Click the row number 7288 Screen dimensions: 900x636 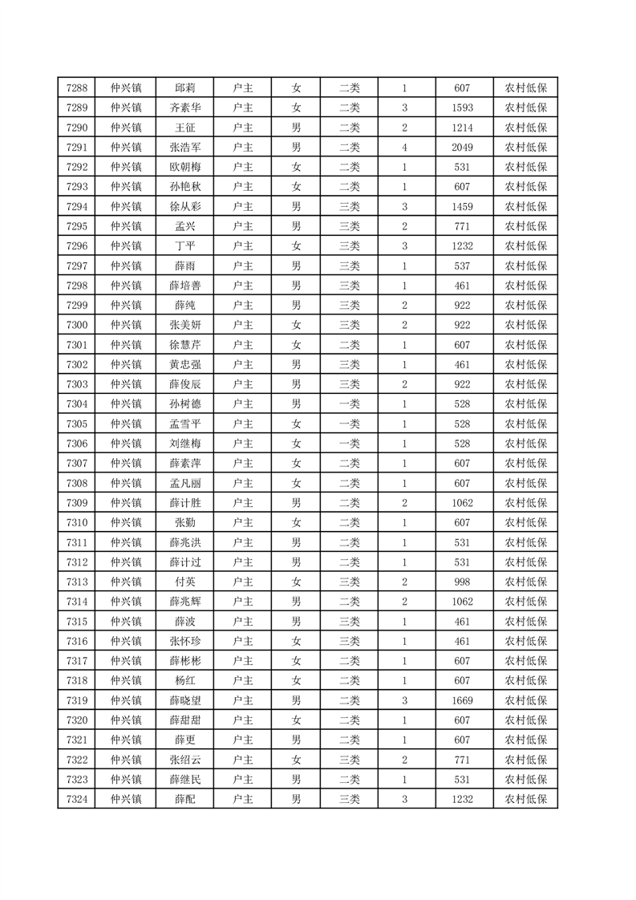pyautogui.click(x=77, y=88)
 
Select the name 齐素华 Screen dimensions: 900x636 pyautogui.click(x=185, y=108)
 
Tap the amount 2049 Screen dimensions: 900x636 pyautogui.click(x=462, y=148)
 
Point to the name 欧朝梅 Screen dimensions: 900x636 pyautogui.click(x=185, y=168)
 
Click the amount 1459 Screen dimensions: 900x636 pyautogui.click(x=462, y=207)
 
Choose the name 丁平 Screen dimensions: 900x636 pyautogui.click(x=185, y=246)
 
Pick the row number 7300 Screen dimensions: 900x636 pyautogui.click(x=77, y=325)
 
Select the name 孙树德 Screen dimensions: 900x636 pyautogui.click(x=185, y=404)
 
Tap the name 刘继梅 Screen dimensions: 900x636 pyautogui.click(x=185, y=444)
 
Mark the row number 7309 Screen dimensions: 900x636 pyautogui.click(x=77, y=503)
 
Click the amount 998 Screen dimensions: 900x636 pyautogui.click(x=462, y=582)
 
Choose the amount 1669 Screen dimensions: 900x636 pyautogui.click(x=462, y=700)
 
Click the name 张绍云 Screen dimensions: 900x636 pyautogui.click(x=185, y=760)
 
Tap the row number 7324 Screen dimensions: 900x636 pyautogui.click(x=77, y=799)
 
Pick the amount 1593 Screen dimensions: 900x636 pyautogui.click(x=462, y=108)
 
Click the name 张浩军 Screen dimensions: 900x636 pyautogui.click(x=185, y=148)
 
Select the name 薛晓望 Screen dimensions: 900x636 pyautogui.click(x=185, y=700)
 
